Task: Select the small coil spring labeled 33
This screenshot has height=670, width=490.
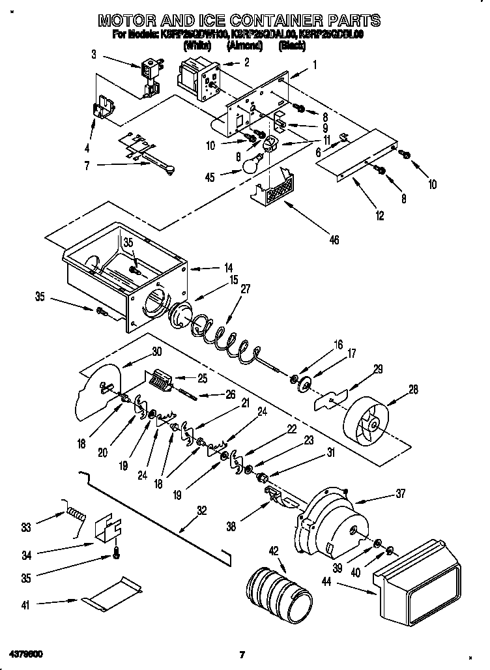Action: coord(75,513)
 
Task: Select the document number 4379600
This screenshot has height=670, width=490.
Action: coord(26,653)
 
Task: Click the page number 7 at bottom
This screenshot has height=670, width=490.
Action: coord(242,654)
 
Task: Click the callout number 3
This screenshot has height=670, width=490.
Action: coord(94,55)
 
